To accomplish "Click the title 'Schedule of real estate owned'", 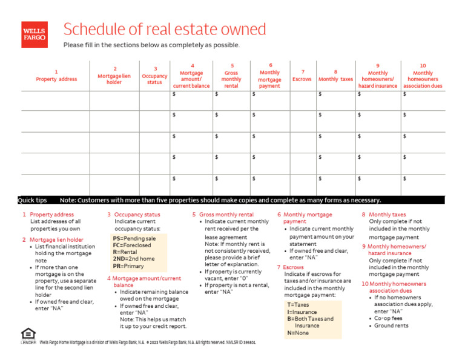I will (x=165, y=29).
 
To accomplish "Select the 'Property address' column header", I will (x=56, y=76).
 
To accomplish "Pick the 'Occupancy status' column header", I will (x=154, y=76).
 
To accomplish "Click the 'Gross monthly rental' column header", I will (x=231, y=76).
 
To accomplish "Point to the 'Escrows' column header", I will (x=302, y=76).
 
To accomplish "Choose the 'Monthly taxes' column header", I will (x=335, y=76).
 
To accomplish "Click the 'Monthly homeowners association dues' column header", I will (x=423, y=76).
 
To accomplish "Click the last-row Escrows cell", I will (x=303, y=185).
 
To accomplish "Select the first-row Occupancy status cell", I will (x=154, y=101).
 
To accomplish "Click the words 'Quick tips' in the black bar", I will (x=33, y=200).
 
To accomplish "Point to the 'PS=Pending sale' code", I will (x=134, y=239).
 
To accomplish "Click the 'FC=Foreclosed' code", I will (x=131, y=245).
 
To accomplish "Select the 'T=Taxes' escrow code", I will (x=298, y=305).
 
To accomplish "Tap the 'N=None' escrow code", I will (x=297, y=333).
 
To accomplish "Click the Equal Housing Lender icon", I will (x=28, y=335).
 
